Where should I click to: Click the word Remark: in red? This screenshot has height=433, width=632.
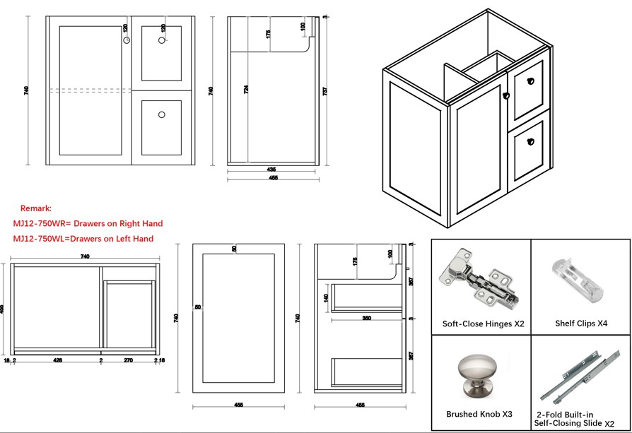(x=35, y=208)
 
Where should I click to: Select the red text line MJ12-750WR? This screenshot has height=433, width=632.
(x=88, y=223)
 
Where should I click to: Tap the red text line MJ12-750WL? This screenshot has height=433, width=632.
(x=83, y=239)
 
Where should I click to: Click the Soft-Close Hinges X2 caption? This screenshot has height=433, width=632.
(x=483, y=324)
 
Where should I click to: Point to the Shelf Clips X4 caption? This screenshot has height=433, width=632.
(x=581, y=324)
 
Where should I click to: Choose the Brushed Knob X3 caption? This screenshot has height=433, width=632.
(x=480, y=414)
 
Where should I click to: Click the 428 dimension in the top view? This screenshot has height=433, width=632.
(x=58, y=360)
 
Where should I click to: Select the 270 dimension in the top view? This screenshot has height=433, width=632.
(x=128, y=360)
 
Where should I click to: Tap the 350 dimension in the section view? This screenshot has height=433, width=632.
(x=367, y=319)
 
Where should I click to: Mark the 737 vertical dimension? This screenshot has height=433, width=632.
(x=324, y=92)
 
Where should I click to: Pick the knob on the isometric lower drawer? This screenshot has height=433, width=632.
(x=527, y=141)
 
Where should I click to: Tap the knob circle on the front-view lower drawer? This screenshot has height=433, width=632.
(x=161, y=114)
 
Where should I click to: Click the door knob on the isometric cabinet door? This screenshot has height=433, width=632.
(x=506, y=95)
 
